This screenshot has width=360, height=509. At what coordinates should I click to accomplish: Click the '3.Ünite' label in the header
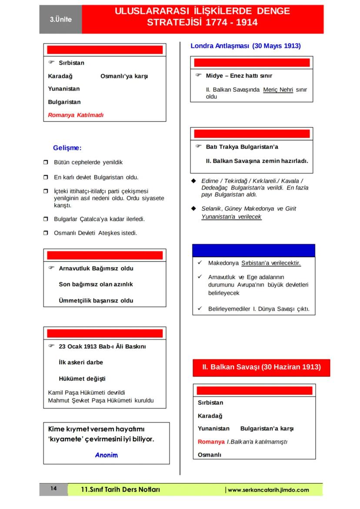pyautogui.click(x=60, y=20)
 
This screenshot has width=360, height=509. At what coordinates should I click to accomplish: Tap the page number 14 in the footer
pyautogui.click(x=53, y=489)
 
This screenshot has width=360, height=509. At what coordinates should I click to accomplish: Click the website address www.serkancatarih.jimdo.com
pyautogui.click(x=268, y=490)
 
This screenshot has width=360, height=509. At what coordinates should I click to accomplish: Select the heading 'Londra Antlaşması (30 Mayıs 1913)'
pyautogui.click(x=246, y=46)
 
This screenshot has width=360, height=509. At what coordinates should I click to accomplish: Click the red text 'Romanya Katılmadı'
pyautogui.click(x=76, y=115)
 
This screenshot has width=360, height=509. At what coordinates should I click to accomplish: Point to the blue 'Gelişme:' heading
pyautogui.click(x=67, y=148)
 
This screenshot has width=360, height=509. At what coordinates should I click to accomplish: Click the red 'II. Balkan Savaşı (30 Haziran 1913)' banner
pyautogui.click(x=261, y=367)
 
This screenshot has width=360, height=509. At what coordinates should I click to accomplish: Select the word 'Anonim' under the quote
pyautogui.click(x=107, y=455)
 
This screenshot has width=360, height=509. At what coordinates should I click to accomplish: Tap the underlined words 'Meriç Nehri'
pyautogui.click(x=278, y=90)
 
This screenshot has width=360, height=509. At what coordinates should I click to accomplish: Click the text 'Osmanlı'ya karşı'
pyautogui.click(x=124, y=76)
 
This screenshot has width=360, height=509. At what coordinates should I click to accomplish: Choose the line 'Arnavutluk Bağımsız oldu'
pyautogui.click(x=96, y=268)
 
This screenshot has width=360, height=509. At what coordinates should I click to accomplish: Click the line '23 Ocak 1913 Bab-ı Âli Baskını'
pyautogui.click(x=102, y=346)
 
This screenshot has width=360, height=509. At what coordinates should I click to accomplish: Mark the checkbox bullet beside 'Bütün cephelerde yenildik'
pyautogui.click(x=46, y=163)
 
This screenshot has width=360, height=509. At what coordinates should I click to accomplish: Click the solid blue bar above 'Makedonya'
pyautogui.click(x=253, y=251)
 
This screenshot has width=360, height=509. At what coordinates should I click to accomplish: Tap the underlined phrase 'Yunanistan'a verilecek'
pyautogui.click(x=231, y=216)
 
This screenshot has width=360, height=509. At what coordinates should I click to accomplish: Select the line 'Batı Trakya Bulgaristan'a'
pyautogui.click(x=242, y=147)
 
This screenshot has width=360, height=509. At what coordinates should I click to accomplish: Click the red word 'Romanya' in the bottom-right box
pyautogui.click(x=211, y=442)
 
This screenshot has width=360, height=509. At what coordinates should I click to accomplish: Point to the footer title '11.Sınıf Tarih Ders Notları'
pyautogui.click(x=120, y=489)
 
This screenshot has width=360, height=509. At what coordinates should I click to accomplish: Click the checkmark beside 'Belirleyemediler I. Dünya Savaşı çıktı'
pyautogui.click(x=200, y=309)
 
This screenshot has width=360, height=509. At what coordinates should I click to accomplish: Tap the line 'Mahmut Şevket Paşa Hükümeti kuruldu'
pyautogui.click(x=101, y=400)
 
